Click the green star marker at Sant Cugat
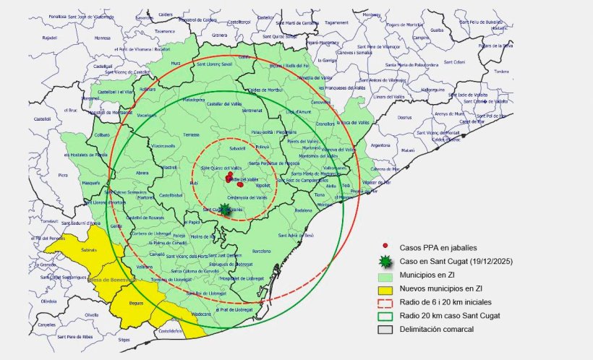coord(225,210)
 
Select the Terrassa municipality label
coord(191,134)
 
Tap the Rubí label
coord(193,183)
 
